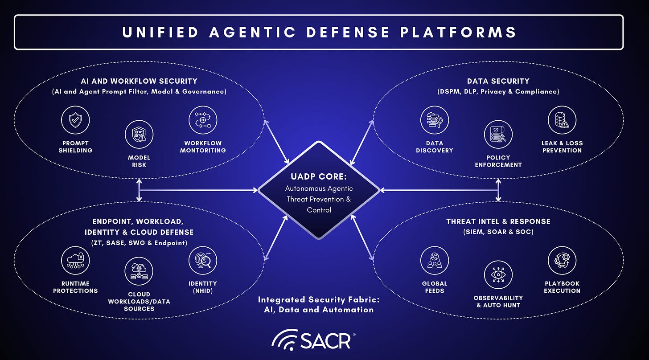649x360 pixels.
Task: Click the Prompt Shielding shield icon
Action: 75,120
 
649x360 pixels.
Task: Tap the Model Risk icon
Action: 139,135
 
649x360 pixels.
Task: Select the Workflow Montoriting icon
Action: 203,120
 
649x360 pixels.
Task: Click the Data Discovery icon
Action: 435,120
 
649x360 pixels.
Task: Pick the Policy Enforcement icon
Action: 498,135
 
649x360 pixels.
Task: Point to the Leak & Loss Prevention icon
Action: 562,120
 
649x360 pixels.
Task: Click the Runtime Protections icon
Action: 75,260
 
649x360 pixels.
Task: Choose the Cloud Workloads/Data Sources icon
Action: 139,271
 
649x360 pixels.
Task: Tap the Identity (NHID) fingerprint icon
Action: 203,260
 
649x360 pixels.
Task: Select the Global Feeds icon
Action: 435,260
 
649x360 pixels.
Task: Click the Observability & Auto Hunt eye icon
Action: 498,274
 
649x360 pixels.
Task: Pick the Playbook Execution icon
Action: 562,260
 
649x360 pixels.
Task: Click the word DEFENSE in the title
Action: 348,32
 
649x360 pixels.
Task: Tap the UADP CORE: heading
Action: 319,176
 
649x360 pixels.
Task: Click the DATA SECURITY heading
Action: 498,81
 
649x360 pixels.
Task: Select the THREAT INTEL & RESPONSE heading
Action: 498,221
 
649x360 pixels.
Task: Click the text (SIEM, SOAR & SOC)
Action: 498,232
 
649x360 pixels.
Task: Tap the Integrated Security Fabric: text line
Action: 319,299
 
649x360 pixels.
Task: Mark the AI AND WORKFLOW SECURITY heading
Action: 139,81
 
